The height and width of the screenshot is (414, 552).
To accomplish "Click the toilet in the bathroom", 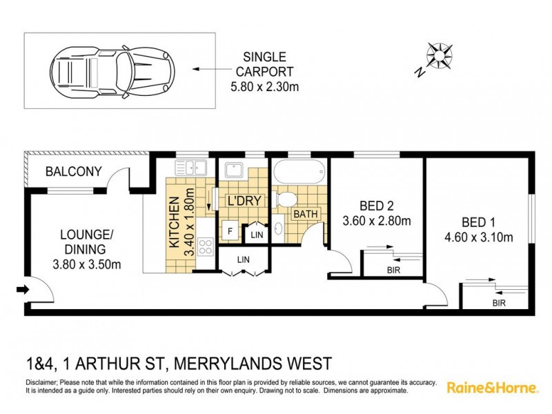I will point(284,199).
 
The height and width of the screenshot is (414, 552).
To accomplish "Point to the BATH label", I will point(306,214).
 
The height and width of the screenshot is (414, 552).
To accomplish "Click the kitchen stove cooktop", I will point(205,246).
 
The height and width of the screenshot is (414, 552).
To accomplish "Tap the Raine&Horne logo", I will point(492,387).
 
